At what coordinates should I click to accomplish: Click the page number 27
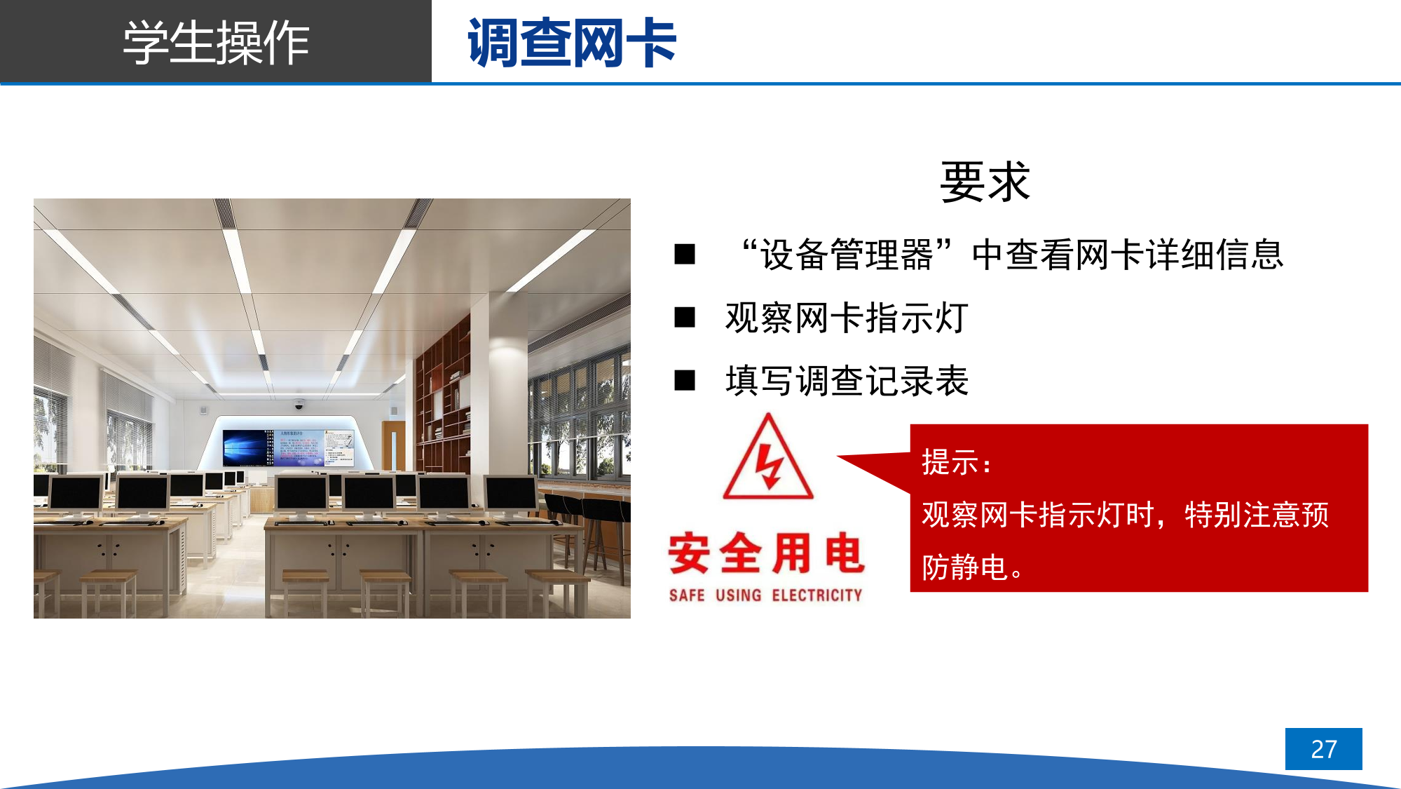pyautogui.click(x=1323, y=749)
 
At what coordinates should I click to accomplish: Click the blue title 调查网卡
pyautogui.click(x=572, y=43)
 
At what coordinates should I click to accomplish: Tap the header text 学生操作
pyautogui.click(x=216, y=43)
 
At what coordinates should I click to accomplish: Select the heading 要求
pyautogui.click(x=985, y=182)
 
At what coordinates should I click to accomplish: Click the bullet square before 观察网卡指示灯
pyautogui.click(x=685, y=318)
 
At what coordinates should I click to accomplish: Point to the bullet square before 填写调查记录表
pyautogui.click(x=685, y=380)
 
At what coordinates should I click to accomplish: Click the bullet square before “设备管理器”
pyautogui.click(x=685, y=254)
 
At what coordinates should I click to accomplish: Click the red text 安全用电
pyautogui.click(x=766, y=553)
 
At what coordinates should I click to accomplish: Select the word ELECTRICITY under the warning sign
pyautogui.click(x=817, y=595)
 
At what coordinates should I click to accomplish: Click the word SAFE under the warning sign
pyautogui.click(x=687, y=595)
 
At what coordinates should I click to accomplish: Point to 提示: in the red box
pyautogui.click(x=956, y=463)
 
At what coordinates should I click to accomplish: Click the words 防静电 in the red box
pyautogui.click(x=964, y=567)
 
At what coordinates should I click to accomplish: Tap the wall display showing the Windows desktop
pyautogui.click(x=248, y=447)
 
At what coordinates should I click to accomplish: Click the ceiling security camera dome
pyautogui.click(x=299, y=405)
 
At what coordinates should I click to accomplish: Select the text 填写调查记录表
pyautogui.click(x=847, y=381)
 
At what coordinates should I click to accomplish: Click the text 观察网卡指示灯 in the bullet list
pyautogui.click(x=847, y=318)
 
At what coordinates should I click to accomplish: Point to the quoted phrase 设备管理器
pyautogui.click(x=847, y=255)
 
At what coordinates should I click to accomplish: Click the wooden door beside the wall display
pyautogui.click(x=393, y=446)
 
